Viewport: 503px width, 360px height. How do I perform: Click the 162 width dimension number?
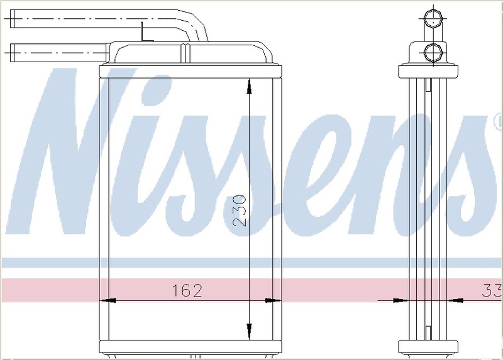[187, 290]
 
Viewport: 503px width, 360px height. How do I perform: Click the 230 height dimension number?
[240, 210]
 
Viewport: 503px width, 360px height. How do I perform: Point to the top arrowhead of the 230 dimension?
[249, 87]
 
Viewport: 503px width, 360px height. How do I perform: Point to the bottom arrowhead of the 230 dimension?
[249, 330]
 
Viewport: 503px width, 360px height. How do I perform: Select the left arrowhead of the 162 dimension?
[108, 301]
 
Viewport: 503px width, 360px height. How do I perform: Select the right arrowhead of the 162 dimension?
[274, 301]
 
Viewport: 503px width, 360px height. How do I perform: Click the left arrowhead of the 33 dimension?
[401, 301]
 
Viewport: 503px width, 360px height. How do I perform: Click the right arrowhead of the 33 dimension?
[456, 301]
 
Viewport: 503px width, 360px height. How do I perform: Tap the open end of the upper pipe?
[12, 19]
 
